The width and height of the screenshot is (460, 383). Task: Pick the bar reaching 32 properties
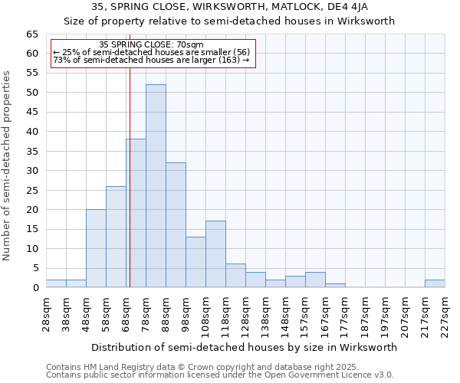point(176,225)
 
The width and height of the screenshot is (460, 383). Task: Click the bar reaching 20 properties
point(96,248)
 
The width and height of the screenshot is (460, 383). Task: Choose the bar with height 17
point(215,254)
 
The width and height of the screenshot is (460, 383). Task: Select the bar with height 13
point(195,262)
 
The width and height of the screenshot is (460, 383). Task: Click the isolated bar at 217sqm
point(435,283)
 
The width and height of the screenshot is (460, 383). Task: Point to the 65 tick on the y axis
point(32,34)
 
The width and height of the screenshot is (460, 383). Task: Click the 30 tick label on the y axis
point(32,171)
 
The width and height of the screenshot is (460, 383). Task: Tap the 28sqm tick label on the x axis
point(47,311)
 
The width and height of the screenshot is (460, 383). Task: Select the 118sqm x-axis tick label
point(226,311)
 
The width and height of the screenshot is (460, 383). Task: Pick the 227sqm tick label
point(445,311)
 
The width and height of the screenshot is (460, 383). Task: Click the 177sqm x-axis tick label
point(346,311)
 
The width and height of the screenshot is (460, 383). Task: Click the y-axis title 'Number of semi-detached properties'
point(8,165)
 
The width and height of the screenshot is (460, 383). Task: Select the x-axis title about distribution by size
point(244,347)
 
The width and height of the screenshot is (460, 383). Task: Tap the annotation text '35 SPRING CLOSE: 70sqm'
point(152,45)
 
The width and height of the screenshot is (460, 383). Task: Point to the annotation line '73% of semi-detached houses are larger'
point(152,60)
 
